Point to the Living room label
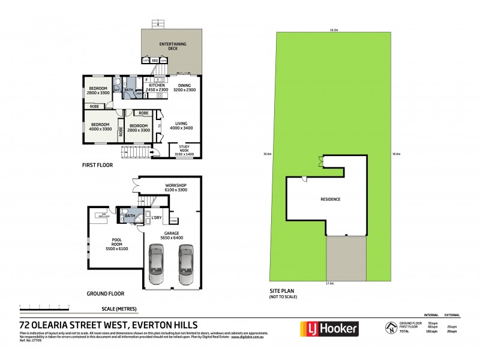[181, 126]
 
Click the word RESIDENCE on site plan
[331, 199]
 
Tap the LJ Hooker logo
[329, 328]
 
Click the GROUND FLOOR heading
[104, 293]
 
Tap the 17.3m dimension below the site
[329, 283]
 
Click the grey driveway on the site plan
[346, 257]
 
